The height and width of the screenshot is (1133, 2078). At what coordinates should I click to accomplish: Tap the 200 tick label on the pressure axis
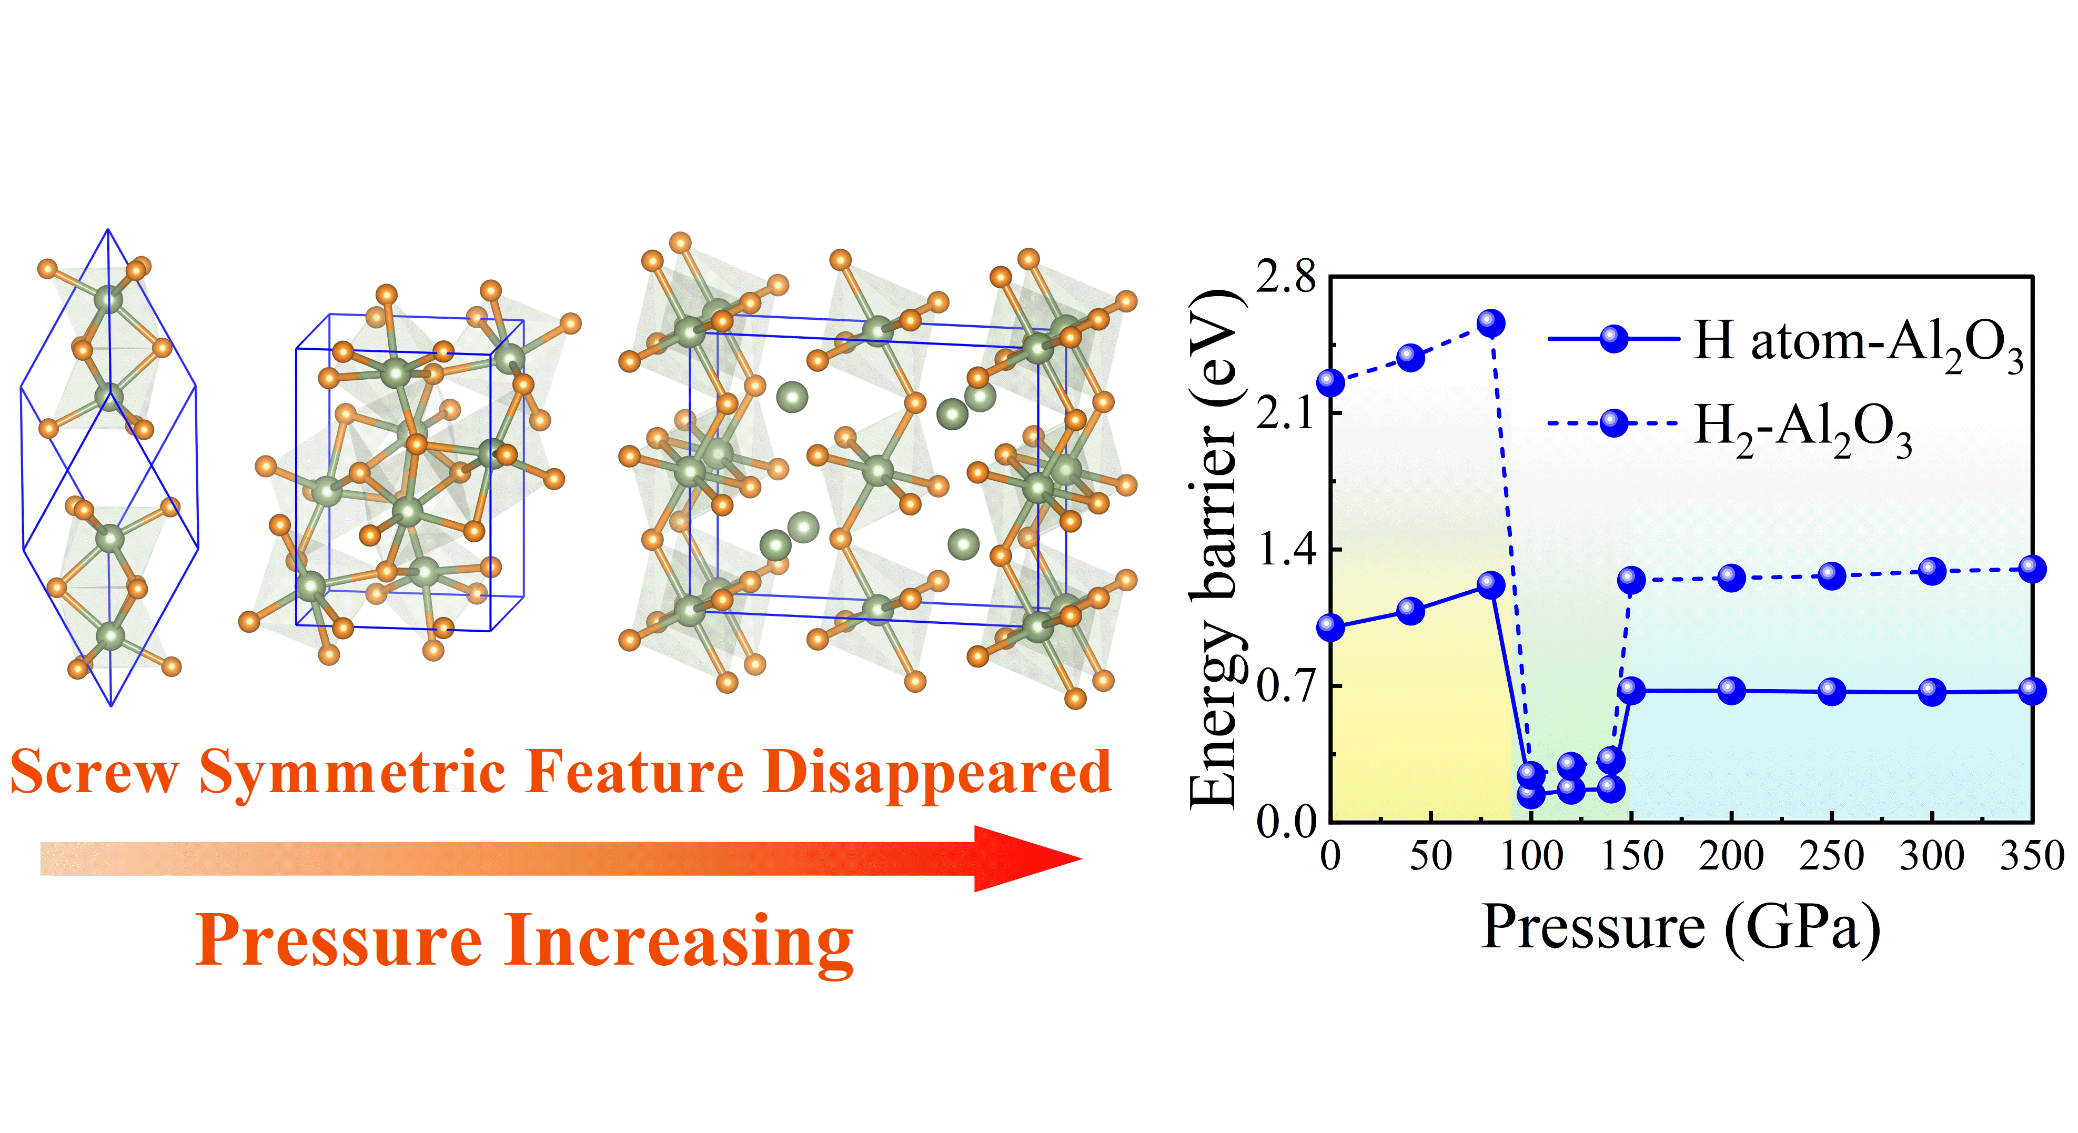[1731, 856]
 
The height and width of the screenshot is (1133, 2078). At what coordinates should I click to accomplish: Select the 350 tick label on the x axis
[2031, 856]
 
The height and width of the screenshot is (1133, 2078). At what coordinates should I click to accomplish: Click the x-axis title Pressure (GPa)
[1681, 927]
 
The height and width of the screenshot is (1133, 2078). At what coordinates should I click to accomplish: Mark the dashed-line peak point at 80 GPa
[1491, 323]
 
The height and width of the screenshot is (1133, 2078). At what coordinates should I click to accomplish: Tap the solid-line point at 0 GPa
[1330, 626]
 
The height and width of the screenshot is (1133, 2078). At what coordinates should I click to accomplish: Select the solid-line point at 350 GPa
[2032, 690]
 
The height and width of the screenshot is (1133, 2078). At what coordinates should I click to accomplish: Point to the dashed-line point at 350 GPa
[2032, 569]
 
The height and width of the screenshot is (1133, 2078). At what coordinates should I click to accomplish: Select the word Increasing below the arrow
[679, 940]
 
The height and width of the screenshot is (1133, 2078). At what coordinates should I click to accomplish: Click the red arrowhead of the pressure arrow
[1024, 858]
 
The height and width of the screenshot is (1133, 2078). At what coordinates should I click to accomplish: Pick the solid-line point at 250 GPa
[1831, 691]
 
